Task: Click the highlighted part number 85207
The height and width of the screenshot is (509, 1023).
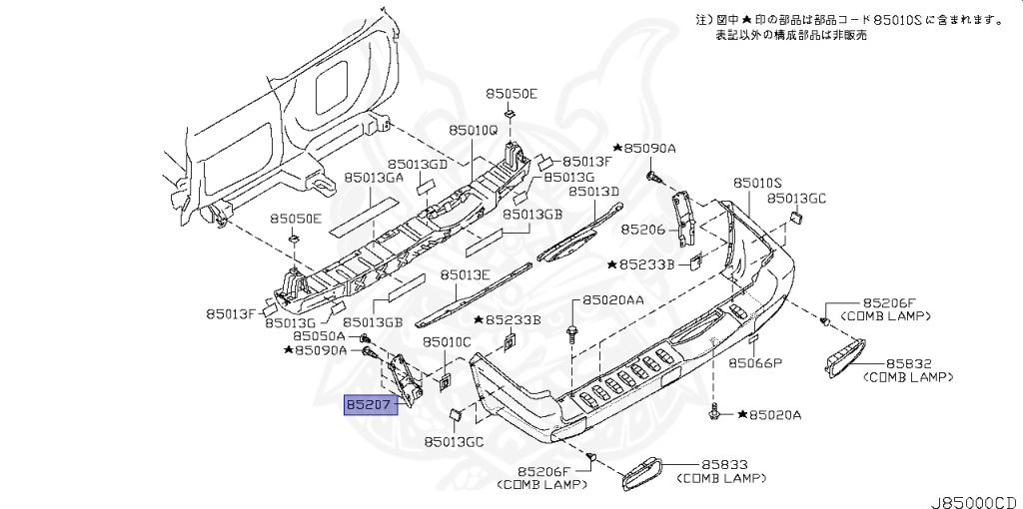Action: click(x=371, y=405)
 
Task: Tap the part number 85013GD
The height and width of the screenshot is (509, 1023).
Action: click(x=418, y=164)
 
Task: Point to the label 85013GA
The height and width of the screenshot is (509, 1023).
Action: click(x=374, y=178)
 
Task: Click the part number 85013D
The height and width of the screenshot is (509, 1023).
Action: click(x=594, y=192)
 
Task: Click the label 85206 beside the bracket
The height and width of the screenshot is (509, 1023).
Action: click(x=642, y=229)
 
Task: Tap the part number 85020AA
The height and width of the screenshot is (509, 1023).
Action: click(x=613, y=299)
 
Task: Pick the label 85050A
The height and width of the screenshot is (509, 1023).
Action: click(x=321, y=337)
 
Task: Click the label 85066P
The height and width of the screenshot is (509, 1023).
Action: click(x=754, y=362)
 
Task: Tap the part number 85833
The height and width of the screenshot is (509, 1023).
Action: click(x=725, y=465)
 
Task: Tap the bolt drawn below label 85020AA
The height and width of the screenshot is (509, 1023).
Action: click(x=572, y=332)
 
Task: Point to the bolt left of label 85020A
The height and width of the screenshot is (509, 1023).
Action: click(x=717, y=410)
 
